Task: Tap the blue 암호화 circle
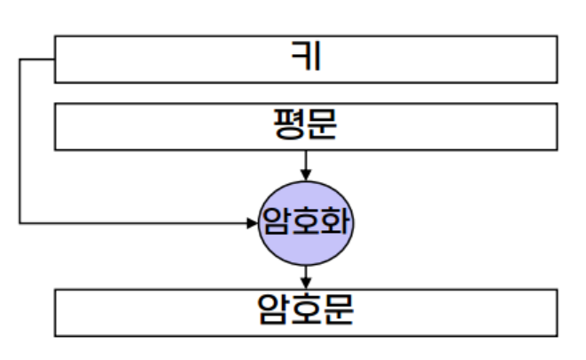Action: (306, 221)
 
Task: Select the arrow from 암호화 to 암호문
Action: (306, 275)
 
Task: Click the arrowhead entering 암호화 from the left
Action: (251, 222)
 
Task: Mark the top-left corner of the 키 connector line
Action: (20, 60)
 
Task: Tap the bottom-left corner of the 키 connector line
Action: (20, 222)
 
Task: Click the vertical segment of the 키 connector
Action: (20, 142)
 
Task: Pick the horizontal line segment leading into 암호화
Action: (133, 222)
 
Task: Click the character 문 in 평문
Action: (321, 125)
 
